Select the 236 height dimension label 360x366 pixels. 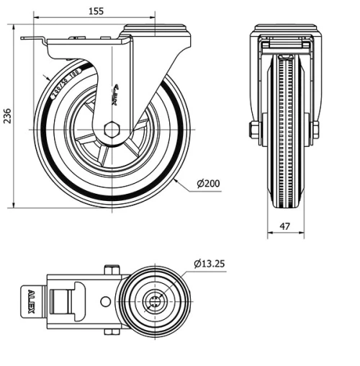8,116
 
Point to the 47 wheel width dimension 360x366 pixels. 284,226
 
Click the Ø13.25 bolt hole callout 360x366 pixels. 209,264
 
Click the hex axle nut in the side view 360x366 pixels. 111,130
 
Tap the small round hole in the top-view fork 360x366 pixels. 105,301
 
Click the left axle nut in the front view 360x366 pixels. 255,130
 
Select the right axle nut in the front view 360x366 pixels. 315,130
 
